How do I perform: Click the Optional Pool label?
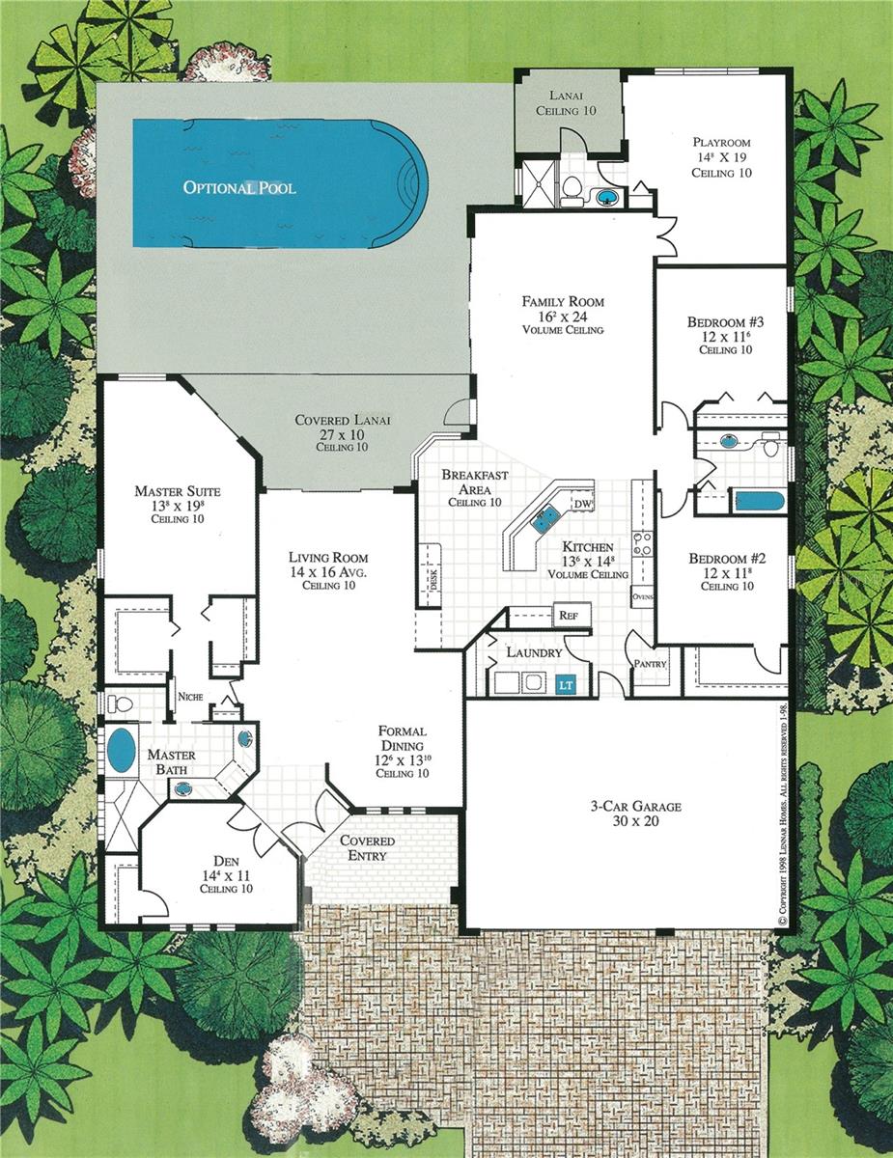pos(239,187)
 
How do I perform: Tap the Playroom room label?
pos(721,142)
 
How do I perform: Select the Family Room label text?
pos(562,301)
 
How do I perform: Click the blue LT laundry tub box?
pos(567,684)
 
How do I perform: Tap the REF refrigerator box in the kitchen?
pos(568,615)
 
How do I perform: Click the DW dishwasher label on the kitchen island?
pos(581,505)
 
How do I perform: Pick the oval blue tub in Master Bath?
pos(121,751)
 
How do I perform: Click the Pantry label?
pos(646,664)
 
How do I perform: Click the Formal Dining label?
pos(402,731)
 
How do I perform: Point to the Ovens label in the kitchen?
pos(643,598)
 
